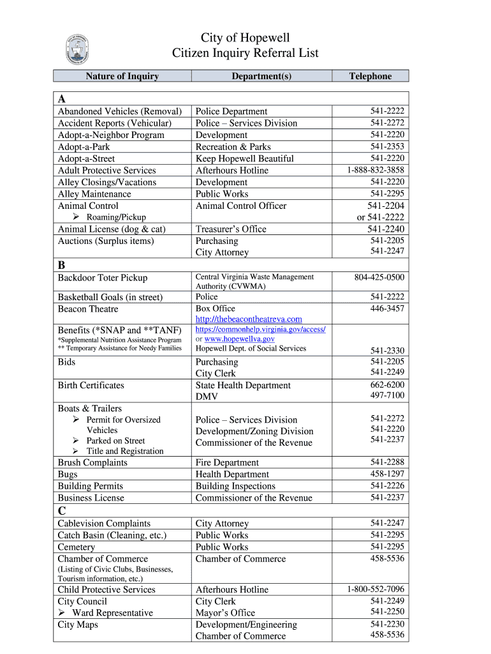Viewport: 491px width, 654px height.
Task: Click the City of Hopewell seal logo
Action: point(77,49)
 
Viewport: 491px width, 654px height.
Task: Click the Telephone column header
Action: point(370,76)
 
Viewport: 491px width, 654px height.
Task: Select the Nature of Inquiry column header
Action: point(122,76)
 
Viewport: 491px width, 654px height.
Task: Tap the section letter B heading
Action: point(62,264)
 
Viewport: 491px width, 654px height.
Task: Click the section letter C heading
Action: point(62,510)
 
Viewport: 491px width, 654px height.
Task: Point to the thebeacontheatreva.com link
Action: point(249,319)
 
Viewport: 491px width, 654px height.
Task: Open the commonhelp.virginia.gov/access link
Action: point(260,329)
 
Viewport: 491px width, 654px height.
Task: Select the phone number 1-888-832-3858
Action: point(376,170)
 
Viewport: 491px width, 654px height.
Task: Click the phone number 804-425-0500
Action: point(379,277)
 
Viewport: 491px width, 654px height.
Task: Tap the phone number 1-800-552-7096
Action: point(376,589)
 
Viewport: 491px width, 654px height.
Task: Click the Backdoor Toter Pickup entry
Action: point(102,278)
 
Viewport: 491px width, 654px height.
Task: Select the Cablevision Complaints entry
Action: point(104,523)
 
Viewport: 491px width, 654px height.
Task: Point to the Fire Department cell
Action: point(227,462)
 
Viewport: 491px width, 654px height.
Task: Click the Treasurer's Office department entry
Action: point(231,229)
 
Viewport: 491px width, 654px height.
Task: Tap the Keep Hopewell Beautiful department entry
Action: point(244,158)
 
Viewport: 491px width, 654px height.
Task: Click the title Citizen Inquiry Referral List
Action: point(245,54)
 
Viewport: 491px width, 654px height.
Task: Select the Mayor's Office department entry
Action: point(225,612)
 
